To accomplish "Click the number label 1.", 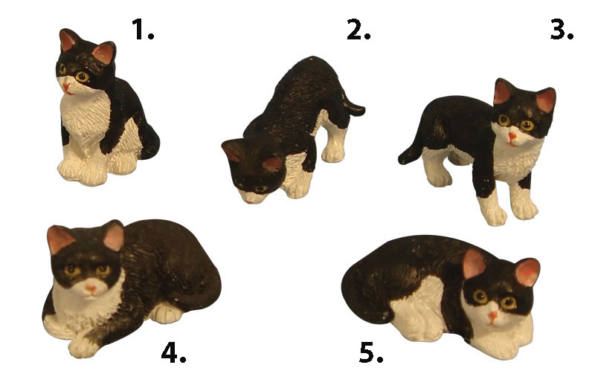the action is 143,30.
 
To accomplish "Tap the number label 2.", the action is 358,30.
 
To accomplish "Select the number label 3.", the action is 562,30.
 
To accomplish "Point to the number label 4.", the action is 173,352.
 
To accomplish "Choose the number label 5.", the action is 370,352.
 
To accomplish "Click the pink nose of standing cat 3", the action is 512,137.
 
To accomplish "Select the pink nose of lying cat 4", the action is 90,289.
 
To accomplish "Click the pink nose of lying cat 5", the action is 492,315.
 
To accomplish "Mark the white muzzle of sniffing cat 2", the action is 251,197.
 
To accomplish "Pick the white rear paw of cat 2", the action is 332,154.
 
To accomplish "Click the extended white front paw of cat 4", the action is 82,346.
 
